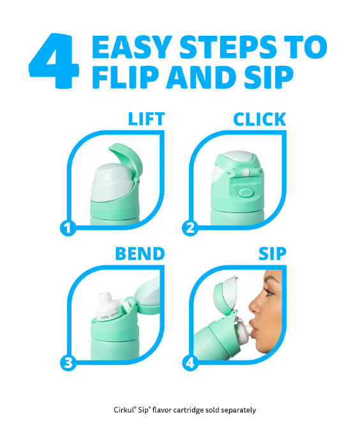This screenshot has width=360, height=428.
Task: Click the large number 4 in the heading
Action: tap(54, 61)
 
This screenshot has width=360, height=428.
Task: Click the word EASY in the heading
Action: tap(131, 47)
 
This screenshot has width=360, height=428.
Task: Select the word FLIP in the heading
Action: tap(126, 77)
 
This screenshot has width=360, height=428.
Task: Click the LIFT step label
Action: tap(146, 119)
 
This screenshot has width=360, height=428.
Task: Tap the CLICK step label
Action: tap(260, 119)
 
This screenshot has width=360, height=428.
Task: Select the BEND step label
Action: tap(140, 254)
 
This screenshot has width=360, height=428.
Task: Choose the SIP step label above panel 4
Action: tap(273, 254)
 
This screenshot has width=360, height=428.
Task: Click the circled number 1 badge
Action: tap(68, 228)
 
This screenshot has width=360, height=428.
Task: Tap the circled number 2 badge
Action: tap(190, 228)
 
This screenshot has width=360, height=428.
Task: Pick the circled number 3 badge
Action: tap(68, 363)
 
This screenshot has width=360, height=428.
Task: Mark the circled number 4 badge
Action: tap(190, 363)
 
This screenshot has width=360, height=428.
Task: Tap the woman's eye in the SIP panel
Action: tap(269, 293)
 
